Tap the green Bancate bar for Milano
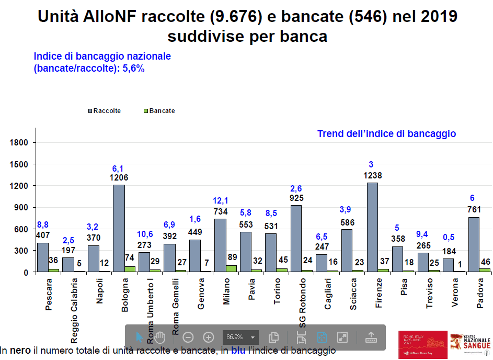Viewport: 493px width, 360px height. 231,268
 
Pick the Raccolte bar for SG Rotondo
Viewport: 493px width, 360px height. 295,239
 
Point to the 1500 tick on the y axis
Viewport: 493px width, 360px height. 21,164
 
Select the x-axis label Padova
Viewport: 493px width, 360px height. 480,294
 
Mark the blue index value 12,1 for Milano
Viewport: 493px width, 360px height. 220,201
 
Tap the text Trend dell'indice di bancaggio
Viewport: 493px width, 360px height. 386,134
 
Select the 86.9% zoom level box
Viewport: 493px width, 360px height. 240,337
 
